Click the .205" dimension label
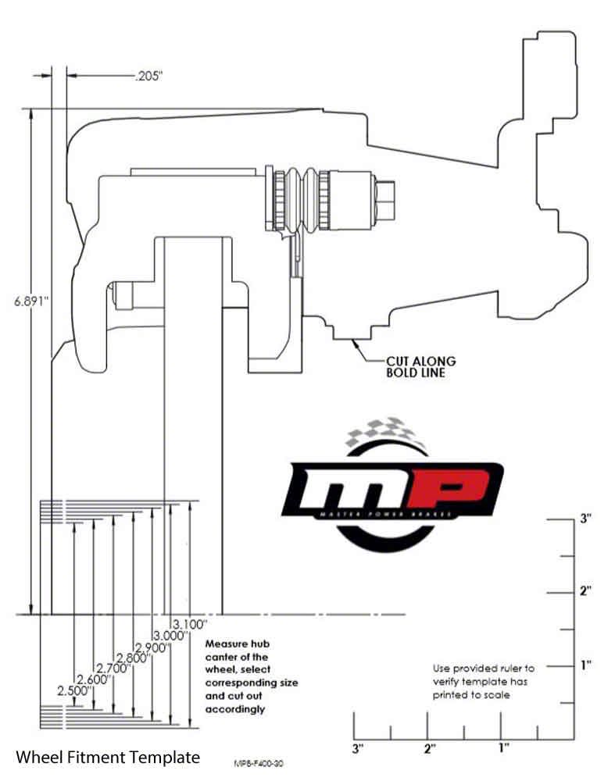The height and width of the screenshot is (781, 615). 149,76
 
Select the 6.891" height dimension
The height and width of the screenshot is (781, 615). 31,301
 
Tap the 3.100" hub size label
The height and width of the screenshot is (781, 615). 189,624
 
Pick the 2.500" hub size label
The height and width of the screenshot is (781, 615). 75,691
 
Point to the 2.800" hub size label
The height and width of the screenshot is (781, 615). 133,658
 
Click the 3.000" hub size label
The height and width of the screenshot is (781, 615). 171,636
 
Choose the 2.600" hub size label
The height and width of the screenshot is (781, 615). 94,679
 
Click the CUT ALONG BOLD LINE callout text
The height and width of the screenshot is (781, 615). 420,366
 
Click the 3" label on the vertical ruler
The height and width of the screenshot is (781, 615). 585,518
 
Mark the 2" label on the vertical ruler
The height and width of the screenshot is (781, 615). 585,591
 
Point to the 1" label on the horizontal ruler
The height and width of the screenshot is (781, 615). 503,747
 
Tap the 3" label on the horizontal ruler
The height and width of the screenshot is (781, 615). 357,749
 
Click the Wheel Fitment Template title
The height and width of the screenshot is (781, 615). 108,757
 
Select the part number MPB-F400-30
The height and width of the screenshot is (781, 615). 259,764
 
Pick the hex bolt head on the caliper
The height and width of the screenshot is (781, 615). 386,200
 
